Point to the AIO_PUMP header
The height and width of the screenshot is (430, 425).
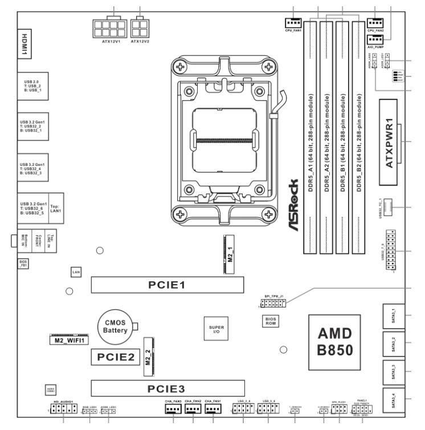point(375,39)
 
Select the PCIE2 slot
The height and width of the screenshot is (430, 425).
point(114,358)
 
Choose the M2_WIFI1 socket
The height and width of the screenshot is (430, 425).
point(67,340)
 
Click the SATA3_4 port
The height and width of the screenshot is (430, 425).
point(397,399)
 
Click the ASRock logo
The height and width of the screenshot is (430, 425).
point(292,206)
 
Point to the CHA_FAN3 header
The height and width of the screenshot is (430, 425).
point(173,408)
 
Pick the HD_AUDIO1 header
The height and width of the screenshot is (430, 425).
point(60,409)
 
